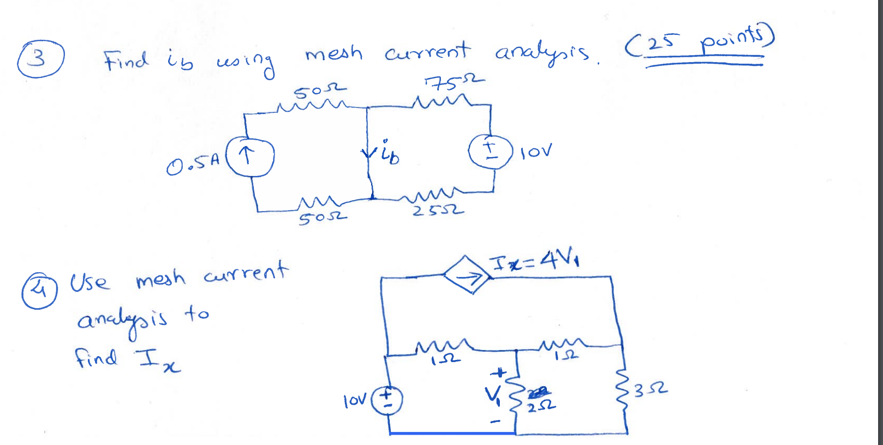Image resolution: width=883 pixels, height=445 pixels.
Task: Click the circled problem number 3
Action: pos(40,58)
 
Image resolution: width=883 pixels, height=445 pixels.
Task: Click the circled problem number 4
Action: pos(39,290)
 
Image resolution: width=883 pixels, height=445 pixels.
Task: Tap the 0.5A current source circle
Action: pos(249,157)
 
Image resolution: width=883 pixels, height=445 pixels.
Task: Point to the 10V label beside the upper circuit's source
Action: pos(535,151)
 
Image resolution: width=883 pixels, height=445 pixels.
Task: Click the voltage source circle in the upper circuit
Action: pos(490,151)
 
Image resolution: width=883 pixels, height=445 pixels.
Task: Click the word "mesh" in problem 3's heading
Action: pos(333,53)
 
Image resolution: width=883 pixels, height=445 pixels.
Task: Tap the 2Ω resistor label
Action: pos(541,406)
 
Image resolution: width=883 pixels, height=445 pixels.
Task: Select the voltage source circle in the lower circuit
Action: pos(387,400)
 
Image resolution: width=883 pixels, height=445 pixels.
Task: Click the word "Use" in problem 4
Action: pos(90,282)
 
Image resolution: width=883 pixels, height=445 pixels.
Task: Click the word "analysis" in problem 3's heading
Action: pos(541,53)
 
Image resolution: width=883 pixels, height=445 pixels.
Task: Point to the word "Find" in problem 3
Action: pos(126,60)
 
